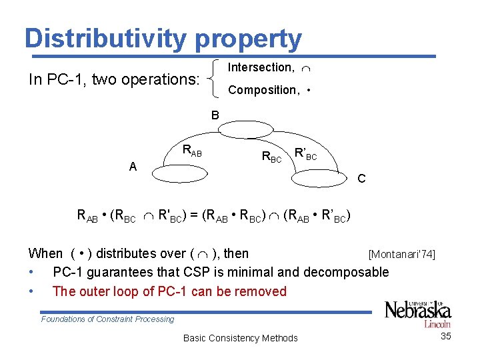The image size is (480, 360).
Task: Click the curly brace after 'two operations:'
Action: coord(215,78)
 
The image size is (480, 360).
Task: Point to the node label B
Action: coord(215,115)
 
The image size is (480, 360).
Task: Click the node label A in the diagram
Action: coord(133,167)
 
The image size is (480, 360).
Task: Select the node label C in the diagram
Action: coord(361,179)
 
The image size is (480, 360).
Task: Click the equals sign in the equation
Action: coord(193,216)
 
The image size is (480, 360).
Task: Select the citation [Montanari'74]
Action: coord(401,254)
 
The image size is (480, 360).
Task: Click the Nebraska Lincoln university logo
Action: coord(418,313)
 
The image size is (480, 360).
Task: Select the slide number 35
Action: coord(446,336)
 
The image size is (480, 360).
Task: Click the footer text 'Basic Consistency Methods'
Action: coord(240,338)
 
